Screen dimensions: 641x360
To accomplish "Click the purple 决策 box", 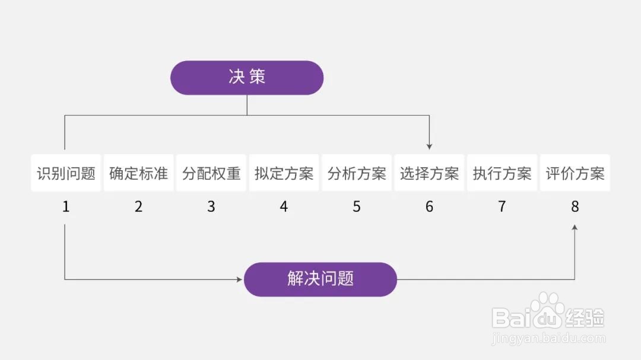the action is (247, 78).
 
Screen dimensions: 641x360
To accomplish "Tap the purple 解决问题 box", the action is (320, 279).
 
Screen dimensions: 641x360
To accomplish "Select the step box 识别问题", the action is (66, 173).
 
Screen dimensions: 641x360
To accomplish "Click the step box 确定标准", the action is (138, 173).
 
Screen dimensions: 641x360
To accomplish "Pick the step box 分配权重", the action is (211, 173).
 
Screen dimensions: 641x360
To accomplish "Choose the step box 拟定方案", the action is (284, 173).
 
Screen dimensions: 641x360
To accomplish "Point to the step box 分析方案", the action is (357, 173).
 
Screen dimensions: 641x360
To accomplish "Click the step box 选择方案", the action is (429, 173).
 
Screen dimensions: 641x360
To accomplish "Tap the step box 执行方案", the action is (502, 173).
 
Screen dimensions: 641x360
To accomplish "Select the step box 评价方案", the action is (575, 173).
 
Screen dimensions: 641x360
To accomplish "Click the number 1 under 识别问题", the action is (66, 207).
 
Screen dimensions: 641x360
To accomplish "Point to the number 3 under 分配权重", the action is (211, 207).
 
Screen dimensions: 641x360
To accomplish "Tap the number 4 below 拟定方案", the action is (284, 207).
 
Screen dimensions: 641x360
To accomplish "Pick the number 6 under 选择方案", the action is (429, 207).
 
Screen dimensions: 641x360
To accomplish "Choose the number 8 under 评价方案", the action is (575, 207).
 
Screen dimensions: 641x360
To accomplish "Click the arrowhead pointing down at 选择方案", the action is (429, 146).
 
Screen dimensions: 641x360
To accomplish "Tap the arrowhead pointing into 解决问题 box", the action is (240, 279).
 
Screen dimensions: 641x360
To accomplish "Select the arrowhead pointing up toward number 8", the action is (575, 228).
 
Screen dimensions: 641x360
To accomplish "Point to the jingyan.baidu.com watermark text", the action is (548, 338).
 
